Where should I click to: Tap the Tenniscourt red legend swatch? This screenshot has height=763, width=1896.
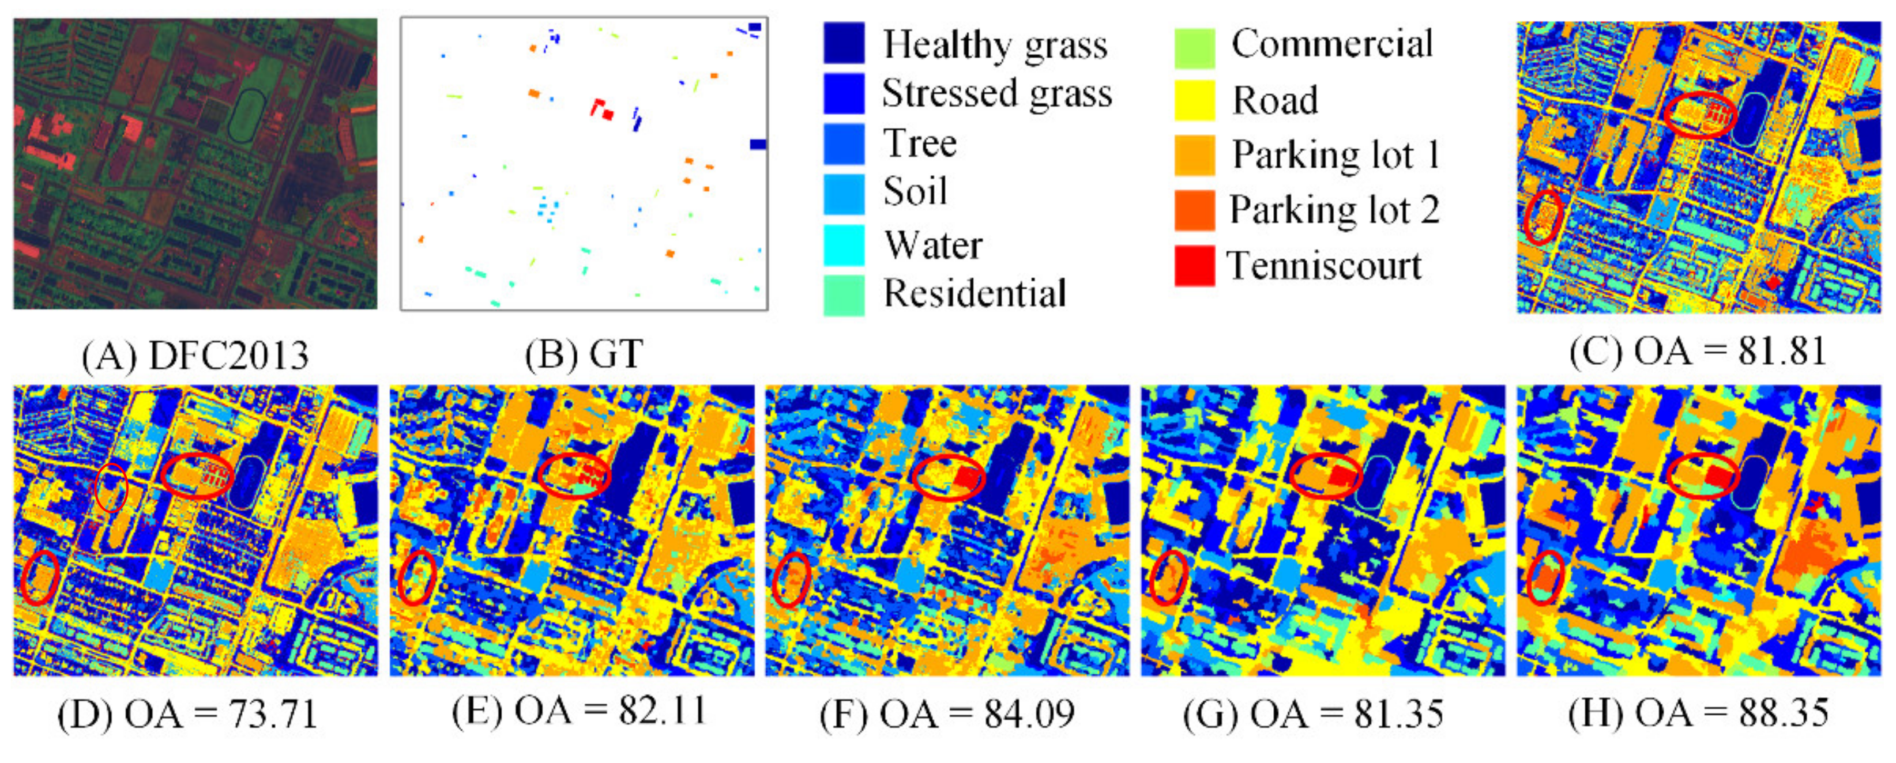[x=1194, y=266]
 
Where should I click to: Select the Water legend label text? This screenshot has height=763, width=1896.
[x=932, y=245]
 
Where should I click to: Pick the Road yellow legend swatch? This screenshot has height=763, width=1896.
[x=1194, y=100]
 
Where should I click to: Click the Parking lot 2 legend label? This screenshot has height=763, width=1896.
[x=1334, y=210]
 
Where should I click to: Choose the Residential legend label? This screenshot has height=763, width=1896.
[x=975, y=293]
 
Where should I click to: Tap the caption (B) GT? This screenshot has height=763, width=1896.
[x=584, y=354]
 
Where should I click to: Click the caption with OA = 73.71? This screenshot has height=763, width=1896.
[x=187, y=713]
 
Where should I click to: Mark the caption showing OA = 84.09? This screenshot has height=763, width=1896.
[x=947, y=713]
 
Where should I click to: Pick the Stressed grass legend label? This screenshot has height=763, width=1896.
[x=996, y=93]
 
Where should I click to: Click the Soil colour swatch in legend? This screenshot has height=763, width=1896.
[x=844, y=193]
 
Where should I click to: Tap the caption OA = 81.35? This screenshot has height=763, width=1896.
[x=1313, y=713]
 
